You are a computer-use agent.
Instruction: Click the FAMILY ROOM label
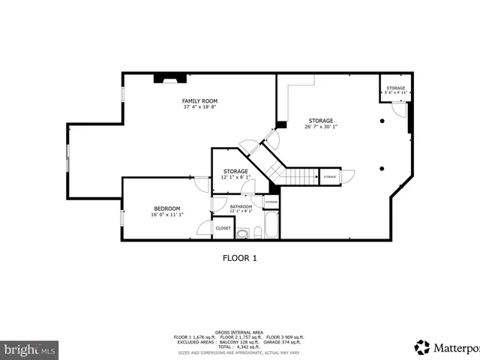click(x=199, y=100)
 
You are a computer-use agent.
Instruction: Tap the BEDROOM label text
click(x=166, y=208)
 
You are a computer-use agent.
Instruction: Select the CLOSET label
click(x=223, y=228)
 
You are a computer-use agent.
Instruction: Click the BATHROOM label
click(x=241, y=206)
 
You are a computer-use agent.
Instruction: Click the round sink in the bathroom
click(x=242, y=234)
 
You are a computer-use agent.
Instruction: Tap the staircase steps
click(x=300, y=177)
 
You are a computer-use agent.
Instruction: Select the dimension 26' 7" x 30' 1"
click(x=321, y=127)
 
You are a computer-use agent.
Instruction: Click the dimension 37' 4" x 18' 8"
click(x=199, y=106)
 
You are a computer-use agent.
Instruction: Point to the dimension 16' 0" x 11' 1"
click(x=166, y=214)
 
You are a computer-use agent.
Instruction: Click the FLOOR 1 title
click(x=240, y=258)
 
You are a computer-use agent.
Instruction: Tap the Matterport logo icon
click(x=422, y=346)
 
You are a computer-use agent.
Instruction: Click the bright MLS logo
click(x=30, y=349)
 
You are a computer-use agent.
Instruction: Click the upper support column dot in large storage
click(x=382, y=120)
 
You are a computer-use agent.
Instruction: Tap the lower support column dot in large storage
click(x=382, y=168)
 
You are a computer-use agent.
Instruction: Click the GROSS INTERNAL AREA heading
click(x=240, y=331)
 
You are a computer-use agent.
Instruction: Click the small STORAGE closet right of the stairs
click(x=330, y=177)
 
